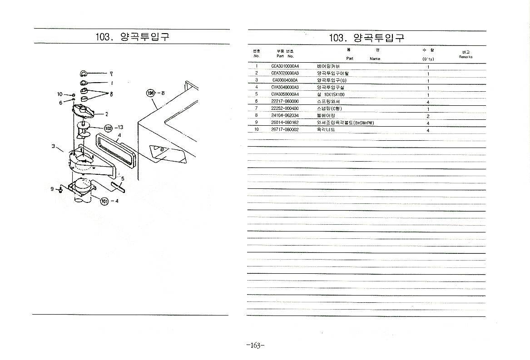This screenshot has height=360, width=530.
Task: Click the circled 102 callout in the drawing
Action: click(109, 128)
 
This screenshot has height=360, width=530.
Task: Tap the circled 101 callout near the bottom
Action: click(104, 201)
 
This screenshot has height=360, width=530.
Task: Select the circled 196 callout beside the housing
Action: click(150, 93)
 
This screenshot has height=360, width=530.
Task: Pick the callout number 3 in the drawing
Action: click(53, 146)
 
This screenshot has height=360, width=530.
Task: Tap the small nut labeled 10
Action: click(73, 95)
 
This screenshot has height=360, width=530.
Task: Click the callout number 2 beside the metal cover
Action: click(106, 113)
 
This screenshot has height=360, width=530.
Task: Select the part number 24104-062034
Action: click(285, 116)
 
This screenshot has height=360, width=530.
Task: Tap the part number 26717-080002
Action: click(285, 130)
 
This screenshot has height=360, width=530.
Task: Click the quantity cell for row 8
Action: click(428, 116)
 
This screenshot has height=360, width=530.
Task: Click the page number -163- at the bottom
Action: click(255, 346)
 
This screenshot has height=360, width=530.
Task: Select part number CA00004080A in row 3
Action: click(285, 80)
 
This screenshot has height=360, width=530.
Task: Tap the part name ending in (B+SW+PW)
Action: click(345, 123)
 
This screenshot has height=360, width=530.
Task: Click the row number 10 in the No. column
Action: click(256, 130)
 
